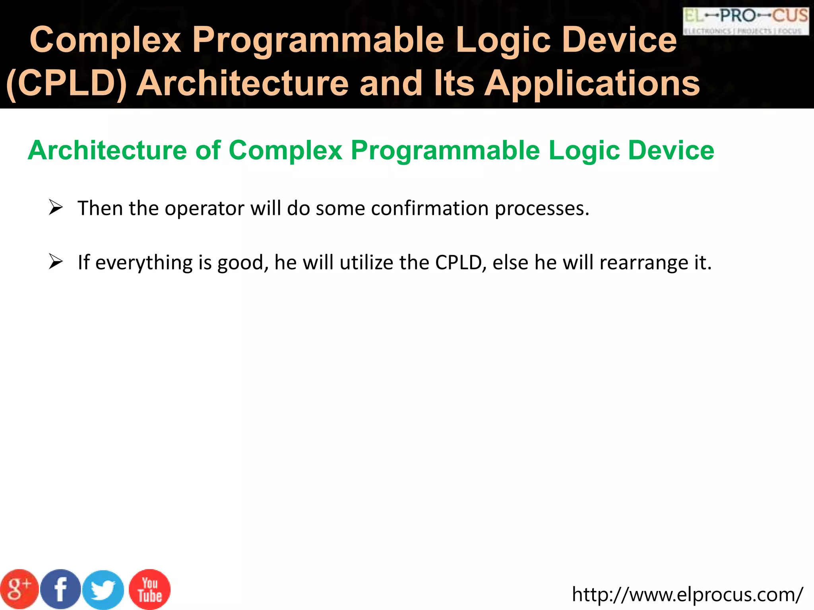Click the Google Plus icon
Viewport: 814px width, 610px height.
tap(19, 589)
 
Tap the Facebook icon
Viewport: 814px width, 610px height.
tap(61, 589)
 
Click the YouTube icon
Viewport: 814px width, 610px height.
tap(150, 589)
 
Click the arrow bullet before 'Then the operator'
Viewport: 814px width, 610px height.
tap(56, 208)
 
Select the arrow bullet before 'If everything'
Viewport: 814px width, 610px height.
tap(56, 262)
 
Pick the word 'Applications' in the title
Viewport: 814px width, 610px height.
tap(592, 84)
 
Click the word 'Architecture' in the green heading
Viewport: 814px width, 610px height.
tap(107, 151)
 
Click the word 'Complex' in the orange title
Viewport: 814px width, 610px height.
tap(105, 40)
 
